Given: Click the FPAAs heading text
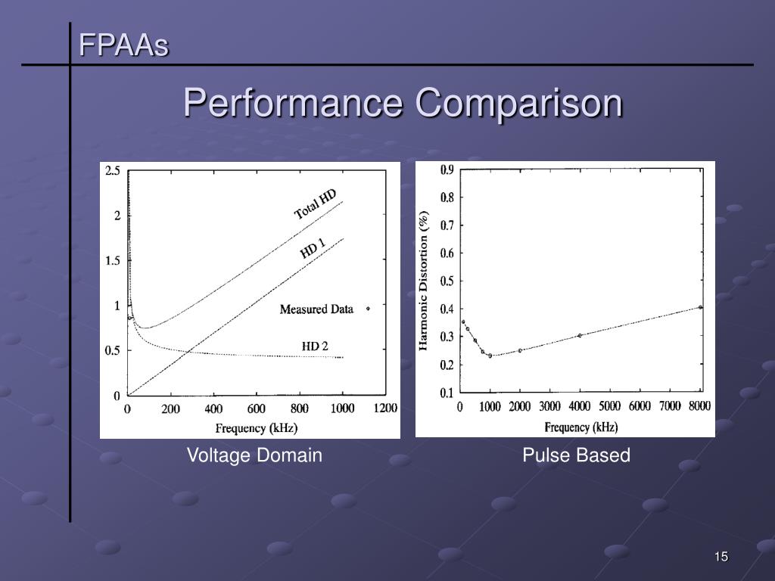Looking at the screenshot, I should [x=124, y=47].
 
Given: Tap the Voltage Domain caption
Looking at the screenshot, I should [x=255, y=455].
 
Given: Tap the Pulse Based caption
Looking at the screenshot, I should [x=576, y=455].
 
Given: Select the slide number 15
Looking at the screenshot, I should [x=721, y=558].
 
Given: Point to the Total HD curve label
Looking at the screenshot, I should [x=316, y=204].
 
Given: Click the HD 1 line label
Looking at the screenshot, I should [x=313, y=248].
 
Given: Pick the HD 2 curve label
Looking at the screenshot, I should [x=315, y=346].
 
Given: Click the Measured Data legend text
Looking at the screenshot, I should [x=316, y=309].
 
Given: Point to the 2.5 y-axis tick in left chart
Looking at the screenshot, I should [x=112, y=171].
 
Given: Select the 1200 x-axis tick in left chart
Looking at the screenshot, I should [x=384, y=409].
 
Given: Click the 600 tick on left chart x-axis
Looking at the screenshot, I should [x=256, y=409].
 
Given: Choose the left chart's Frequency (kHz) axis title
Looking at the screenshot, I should [x=257, y=427].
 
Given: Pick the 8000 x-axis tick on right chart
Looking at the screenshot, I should [x=699, y=406].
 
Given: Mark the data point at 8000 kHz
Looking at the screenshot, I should [x=700, y=307].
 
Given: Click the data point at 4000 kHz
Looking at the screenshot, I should [x=580, y=335].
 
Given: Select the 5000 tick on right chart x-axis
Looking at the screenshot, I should [x=609, y=406].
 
